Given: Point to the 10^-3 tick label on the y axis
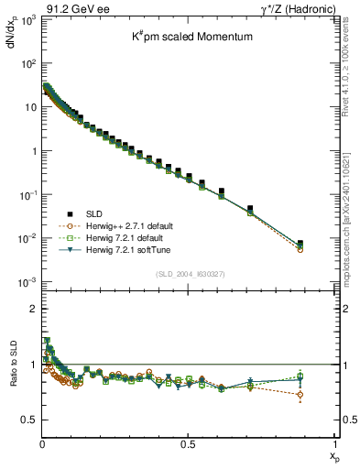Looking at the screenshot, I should coord(28,282).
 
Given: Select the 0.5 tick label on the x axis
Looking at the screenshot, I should coord(188,442).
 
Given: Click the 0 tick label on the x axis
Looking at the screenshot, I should coord(42,442).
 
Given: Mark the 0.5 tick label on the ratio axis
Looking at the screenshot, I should coord(31,420).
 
